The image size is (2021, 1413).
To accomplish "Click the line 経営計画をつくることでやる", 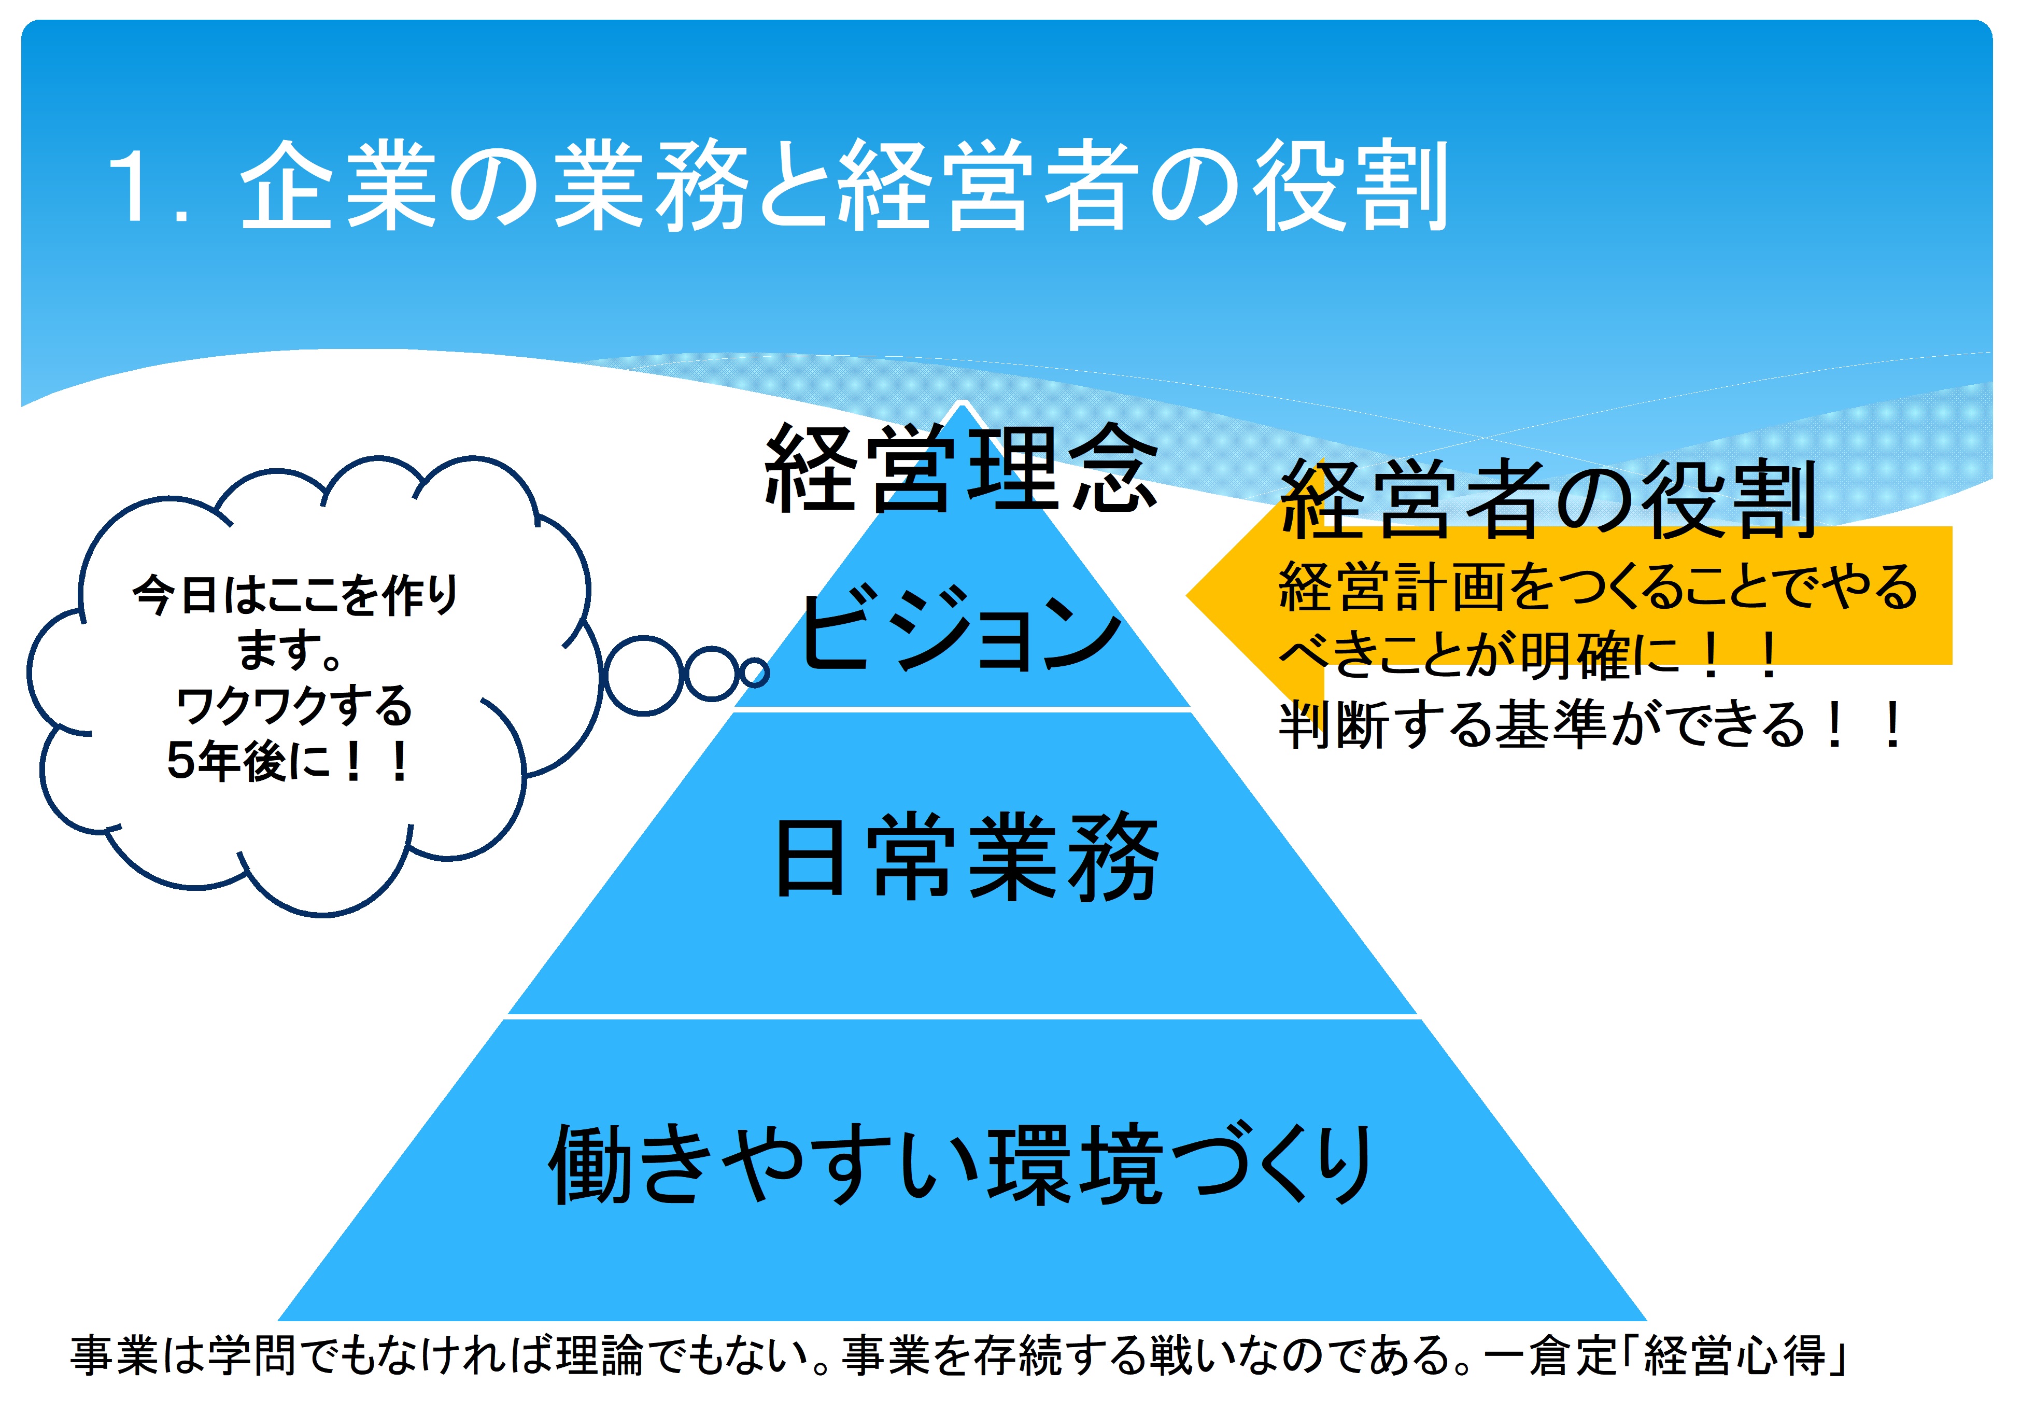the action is pyautogui.click(x=1598, y=586).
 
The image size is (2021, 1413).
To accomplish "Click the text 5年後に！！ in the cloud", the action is pyautogui.click(x=288, y=762).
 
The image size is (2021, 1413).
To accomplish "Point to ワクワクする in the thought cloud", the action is pyautogui.click(x=294, y=706).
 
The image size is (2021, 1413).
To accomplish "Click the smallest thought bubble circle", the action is pyautogui.click(x=754, y=674).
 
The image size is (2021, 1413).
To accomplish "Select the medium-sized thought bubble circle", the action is pyautogui.click(x=711, y=675).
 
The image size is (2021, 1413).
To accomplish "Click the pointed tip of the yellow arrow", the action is pyautogui.click(x=1188, y=595).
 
